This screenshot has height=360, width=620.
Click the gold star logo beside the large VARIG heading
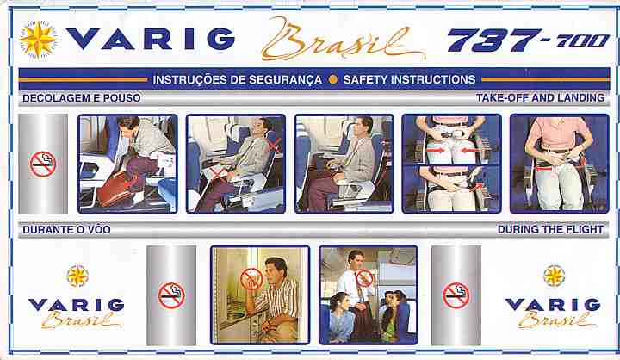[38, 40]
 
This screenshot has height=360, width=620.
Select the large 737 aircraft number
[494, 40]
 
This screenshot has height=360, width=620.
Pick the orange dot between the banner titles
[333, 79]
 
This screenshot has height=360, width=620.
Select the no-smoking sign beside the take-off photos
[43, 164]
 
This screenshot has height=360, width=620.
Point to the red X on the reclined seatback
[275, 145]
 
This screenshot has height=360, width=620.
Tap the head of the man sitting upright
[363, 126]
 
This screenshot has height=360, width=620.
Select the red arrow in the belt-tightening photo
[542, 169]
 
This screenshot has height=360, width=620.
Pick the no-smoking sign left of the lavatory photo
[171, 295]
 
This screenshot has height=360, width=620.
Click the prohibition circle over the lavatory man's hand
[251, 279]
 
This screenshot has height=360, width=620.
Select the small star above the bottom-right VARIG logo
[554, 276]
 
